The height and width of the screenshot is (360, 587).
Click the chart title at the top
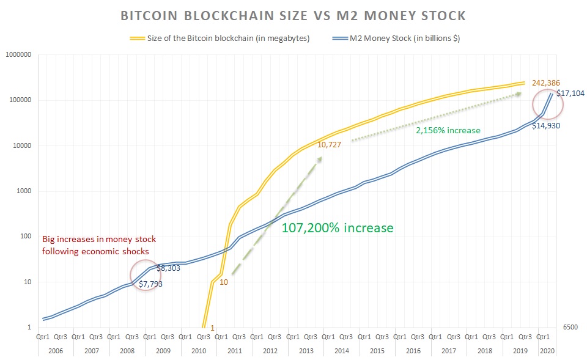click(x=294, y=15)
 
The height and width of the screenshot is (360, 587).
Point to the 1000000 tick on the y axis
click(x=18, y=55)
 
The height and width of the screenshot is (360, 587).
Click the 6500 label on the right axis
click(x=570, y=328)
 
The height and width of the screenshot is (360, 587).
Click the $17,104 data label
click(x=570, y=94)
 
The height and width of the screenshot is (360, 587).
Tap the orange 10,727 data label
click(x=329, y=145)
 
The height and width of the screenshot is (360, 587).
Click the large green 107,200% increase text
click(x=337, y=228)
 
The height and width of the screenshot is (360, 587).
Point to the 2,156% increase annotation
click(x=448, y=130)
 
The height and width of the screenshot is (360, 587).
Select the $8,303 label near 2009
click(x=168, y=268)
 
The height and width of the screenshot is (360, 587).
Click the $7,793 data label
click(x=150, y=284)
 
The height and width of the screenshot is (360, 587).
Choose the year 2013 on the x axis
click(x=306, y=351)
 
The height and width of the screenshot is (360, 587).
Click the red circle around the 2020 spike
click(x=548, y=104)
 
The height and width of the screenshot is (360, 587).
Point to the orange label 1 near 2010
click(x=212, y=328)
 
